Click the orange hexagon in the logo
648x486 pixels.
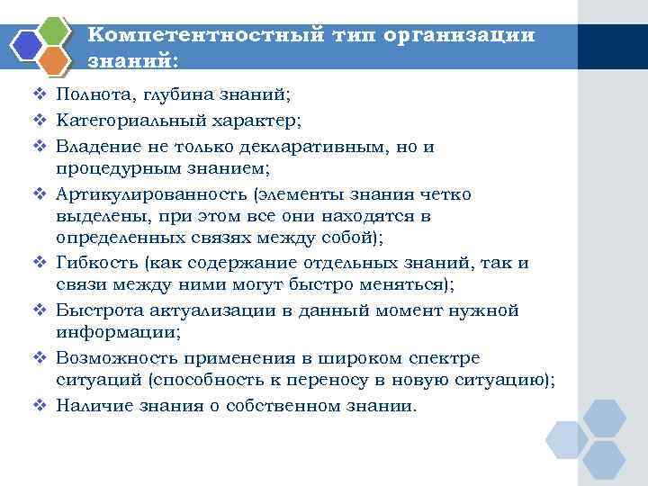(x=54, y=60)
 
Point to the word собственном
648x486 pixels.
(x=284, y=405)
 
